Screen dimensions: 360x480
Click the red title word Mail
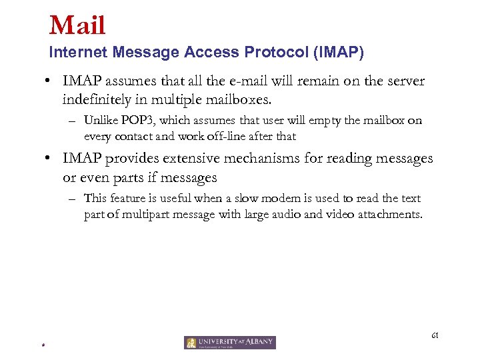click(x=77, y=26)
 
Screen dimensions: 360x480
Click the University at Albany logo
click(x=230, y=343)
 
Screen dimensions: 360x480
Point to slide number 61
click(x=435, y=335)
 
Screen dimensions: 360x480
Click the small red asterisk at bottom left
click(x=42, y=345)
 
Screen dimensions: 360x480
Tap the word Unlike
click(x=101, y=121)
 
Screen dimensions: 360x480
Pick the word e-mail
click(x=245, y=81)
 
